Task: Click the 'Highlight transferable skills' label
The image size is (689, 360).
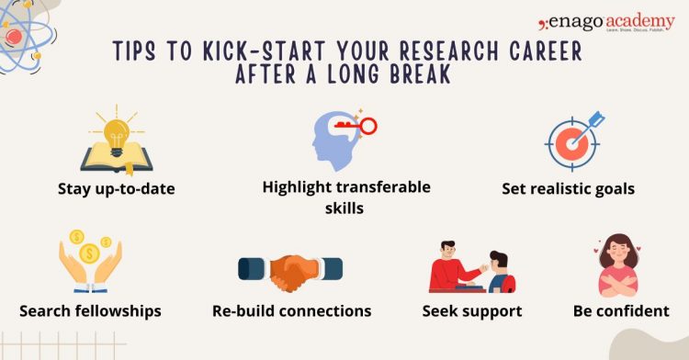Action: coord(345,197)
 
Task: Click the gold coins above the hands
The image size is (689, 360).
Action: coord(89,250)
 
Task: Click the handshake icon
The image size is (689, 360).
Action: coord(290,269)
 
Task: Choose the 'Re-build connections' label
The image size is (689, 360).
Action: coord(291,310)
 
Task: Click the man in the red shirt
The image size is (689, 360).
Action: coord(449,266)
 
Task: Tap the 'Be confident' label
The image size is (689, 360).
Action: coord(621,310)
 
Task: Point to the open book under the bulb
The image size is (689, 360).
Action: coord(116,157)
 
